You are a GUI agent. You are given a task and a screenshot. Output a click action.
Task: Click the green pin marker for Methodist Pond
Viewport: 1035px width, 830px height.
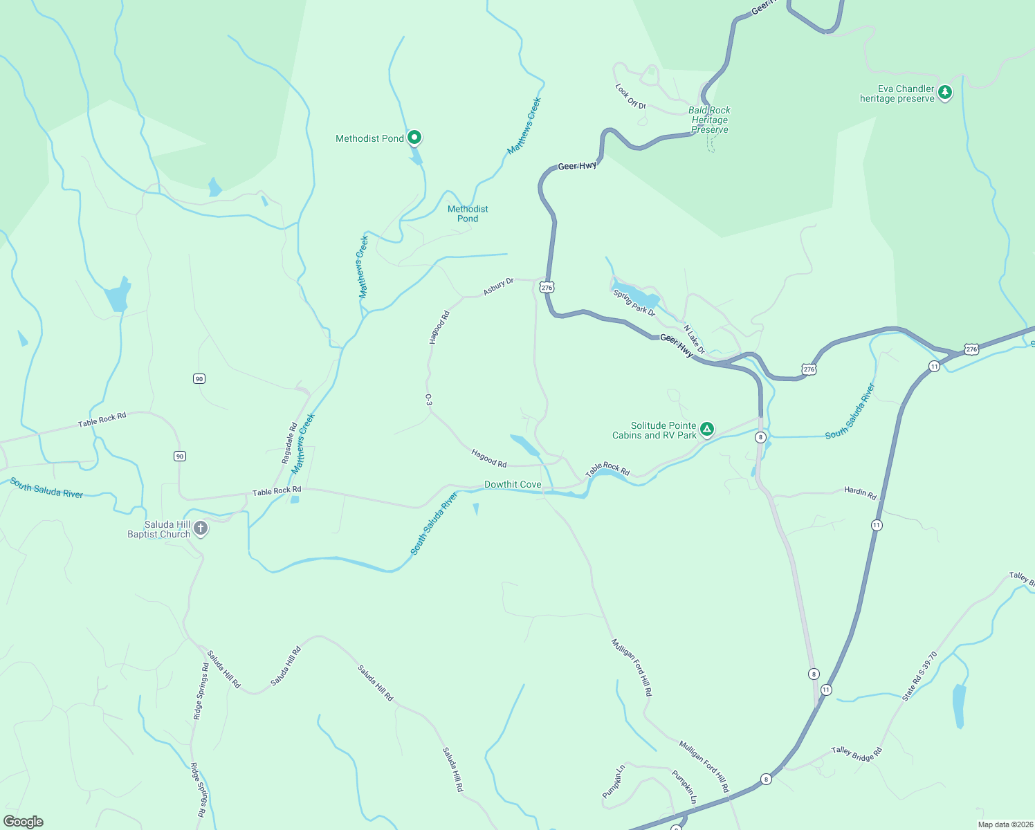point(414,138)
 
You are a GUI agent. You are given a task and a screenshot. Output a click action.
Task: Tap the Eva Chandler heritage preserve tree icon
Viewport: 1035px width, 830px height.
point(945,92)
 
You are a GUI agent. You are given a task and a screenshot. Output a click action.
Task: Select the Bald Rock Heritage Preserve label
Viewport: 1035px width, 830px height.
point(709,120)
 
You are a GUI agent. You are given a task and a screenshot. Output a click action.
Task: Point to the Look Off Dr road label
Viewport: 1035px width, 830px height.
point(630,96)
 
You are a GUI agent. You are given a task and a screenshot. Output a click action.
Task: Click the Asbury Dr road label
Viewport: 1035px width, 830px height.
point(498,286)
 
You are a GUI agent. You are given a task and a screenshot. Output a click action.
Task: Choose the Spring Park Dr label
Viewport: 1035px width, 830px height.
point(634,303)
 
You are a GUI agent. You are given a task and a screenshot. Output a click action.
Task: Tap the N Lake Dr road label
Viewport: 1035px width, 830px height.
point(694,340)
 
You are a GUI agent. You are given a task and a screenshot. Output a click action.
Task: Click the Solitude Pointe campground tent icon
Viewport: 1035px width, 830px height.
point(707,430)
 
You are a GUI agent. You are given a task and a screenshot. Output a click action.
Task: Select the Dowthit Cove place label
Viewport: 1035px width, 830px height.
point(513,484)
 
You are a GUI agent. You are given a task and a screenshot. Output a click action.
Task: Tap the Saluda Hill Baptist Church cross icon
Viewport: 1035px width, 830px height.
point(201,529)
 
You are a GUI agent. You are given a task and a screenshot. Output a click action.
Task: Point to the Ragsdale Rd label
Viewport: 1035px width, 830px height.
point(289,443)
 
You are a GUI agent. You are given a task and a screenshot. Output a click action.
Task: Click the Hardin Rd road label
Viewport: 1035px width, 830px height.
point(860,492)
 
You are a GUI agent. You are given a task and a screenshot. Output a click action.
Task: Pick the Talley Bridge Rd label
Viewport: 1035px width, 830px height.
point(857,754)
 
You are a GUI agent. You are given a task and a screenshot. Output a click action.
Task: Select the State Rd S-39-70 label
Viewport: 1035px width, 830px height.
point(919,676)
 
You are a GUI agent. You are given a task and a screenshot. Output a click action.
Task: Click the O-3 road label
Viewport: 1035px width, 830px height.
point(428,400)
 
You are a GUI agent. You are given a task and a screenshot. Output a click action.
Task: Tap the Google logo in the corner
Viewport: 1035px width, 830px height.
point(23,822)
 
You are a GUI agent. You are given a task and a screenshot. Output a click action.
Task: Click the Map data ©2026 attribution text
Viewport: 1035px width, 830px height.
point(1005,824)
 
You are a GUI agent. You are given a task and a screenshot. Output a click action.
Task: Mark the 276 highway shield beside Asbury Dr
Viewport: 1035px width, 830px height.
point(547,287)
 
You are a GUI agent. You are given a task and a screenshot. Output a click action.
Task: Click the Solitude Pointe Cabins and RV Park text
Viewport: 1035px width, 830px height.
point(654,430)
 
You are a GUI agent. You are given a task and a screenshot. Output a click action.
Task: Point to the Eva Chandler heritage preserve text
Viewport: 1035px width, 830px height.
point(897,93)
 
